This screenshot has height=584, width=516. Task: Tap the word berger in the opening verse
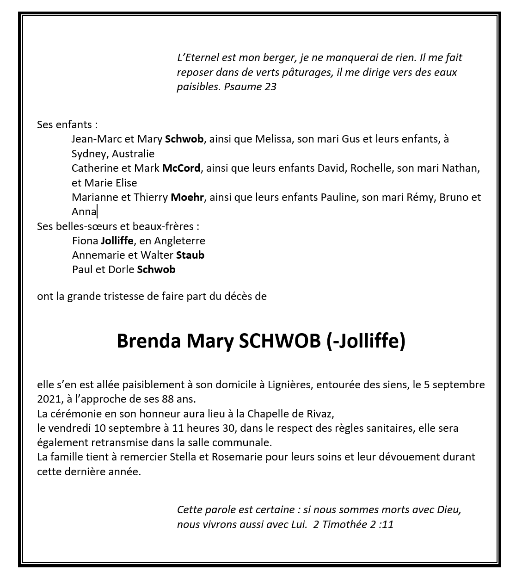[279, 58]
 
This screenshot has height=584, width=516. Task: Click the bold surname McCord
[181, 168]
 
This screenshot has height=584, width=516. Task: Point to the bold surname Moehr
[187, 197]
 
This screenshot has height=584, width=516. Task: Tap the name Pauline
[339, 197]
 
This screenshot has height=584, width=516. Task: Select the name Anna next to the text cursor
[84, 212]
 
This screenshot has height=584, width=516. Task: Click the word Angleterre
[179, 241]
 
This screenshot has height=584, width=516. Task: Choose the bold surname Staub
[190, 255]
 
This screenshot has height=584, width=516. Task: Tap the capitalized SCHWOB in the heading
[279, 341]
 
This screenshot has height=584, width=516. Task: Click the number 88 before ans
[168, 399]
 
